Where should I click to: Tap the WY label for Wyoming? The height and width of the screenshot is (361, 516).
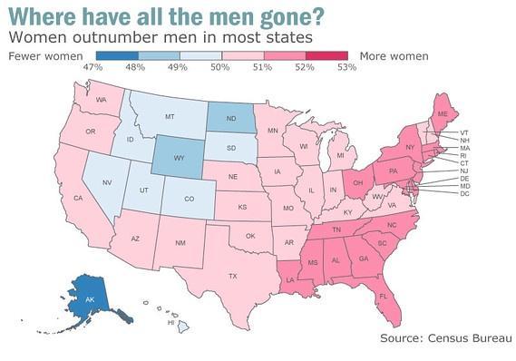(x=177, y=157)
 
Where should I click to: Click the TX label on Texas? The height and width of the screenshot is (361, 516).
(x=232, y=276)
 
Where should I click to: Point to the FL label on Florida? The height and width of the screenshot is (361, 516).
(x=384, y=297)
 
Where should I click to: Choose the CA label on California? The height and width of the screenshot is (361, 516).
(x=78, y=198)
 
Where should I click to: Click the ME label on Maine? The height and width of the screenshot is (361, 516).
(x=443, y=114)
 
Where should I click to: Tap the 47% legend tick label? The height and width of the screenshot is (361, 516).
(x=92, y=68)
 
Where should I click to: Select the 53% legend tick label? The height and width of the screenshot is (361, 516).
(x=346, y=68)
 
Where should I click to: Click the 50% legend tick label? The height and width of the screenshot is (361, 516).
(x=219, y=68)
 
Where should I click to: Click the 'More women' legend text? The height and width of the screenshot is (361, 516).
(x=394, y=56)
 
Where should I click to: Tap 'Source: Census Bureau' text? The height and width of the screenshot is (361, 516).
(x=444, y=338)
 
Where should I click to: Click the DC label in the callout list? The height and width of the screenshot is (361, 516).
(x=464, y=194)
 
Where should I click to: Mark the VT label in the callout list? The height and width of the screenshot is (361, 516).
(x=464, y=132)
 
